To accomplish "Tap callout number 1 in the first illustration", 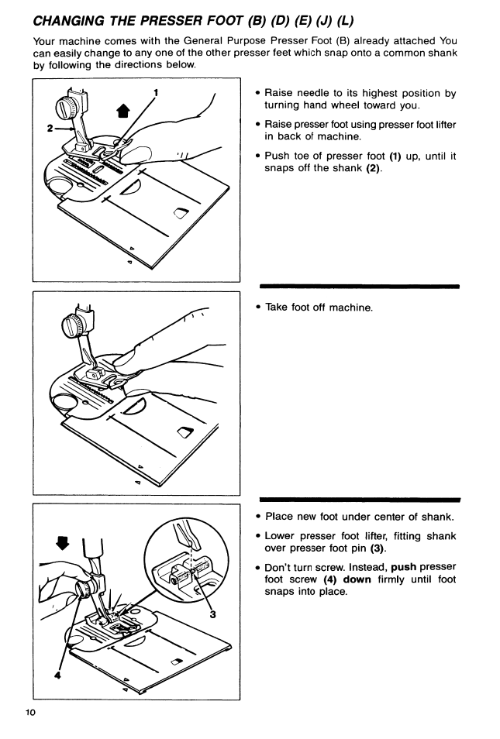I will (x=156, y=93).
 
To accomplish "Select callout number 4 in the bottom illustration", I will (x=57, y=675).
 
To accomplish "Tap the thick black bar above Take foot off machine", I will (x=360, y=286).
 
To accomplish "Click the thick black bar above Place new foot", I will (x=360, y=499).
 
